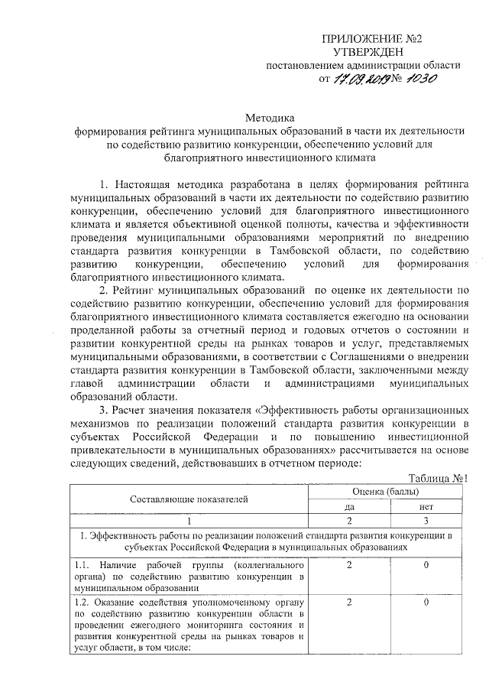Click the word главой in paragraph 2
tap(85, 382)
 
